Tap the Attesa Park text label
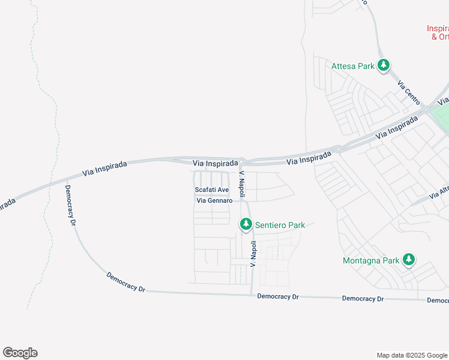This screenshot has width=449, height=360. (353, 66)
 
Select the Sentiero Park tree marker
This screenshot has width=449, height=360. (246, 224)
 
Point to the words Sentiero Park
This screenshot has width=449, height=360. (280, 226)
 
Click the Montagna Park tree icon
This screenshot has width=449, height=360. (409, 260)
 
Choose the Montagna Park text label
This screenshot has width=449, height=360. (371, 261)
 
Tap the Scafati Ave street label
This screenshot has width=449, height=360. (212, 190)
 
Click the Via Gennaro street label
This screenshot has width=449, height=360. (214, 200)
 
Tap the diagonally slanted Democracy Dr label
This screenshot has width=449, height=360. (126, 283)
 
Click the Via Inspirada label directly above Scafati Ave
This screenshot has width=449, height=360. (215, 163)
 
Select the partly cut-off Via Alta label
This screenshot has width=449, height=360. (439, 194)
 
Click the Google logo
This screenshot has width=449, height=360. (20, 353)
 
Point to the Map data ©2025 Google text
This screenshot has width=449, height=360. (411, 355)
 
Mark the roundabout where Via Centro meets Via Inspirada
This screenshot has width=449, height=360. (425, 109)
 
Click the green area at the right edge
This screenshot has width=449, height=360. (443, 118)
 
